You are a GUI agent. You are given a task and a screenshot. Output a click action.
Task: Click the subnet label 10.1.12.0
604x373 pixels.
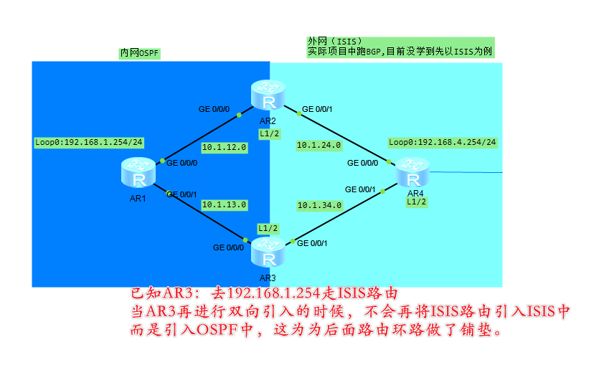[x=224, y=147]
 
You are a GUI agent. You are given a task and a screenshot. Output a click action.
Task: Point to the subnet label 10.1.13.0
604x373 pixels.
[x=224, y=204]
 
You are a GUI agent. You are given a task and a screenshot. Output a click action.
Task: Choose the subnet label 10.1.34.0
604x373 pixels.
[x=319, y=204]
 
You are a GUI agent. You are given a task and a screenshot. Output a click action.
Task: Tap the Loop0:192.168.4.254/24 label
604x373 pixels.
[x=442, y=142]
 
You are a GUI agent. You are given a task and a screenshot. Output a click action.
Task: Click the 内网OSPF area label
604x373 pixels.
[x=139, y=54]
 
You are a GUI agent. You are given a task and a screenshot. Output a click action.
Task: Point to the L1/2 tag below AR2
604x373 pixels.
[x=269, y=133]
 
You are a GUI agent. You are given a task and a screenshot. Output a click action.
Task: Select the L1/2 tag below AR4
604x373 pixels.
[x=416, y=202]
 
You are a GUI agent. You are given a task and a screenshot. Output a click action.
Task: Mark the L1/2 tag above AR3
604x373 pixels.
[x=268, y=227]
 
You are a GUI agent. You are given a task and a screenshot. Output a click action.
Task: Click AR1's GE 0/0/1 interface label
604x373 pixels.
[x=181, y=194]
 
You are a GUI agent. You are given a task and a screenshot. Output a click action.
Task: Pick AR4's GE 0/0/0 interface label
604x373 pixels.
[x=362, y=163]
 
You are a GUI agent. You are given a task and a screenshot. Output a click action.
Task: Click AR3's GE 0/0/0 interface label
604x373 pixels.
[x=228, y=247]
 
